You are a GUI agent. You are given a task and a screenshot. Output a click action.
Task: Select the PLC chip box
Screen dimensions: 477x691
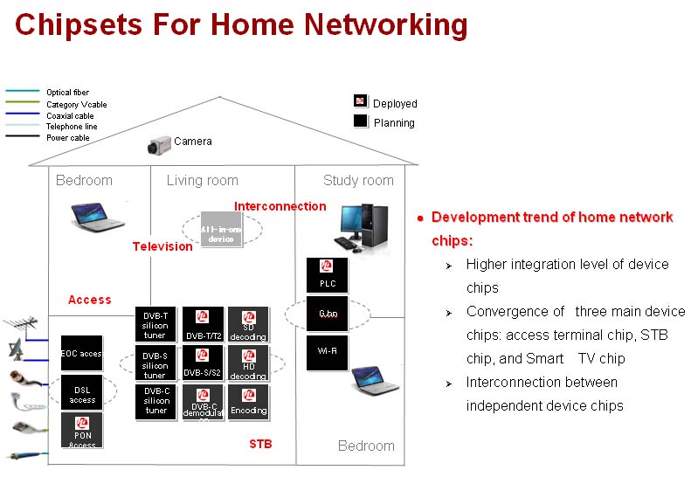(x=327, y=274)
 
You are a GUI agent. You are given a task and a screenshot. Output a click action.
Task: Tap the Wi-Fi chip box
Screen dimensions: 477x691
(x=327, y=352)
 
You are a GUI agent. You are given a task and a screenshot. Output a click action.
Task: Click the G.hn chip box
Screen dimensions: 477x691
(x=327, y=314)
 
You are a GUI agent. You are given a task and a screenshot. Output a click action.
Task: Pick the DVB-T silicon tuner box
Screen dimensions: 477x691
(x=156, y=324)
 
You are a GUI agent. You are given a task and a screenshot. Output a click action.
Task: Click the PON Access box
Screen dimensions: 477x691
(x=82, y=432)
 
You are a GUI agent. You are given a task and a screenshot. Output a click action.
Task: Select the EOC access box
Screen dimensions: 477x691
(x=81, y=353)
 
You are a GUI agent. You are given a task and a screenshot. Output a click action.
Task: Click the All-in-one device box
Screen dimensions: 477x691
(x=220, y=229)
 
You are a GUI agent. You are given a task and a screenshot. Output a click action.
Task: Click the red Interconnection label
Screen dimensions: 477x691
(x=280, y=206)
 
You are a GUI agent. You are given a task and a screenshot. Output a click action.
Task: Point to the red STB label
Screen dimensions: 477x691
(x=260, y=444)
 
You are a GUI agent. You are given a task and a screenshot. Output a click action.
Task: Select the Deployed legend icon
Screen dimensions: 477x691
(x=360, y=102)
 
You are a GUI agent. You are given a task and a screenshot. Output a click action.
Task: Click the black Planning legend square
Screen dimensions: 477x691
(x=360, y=121)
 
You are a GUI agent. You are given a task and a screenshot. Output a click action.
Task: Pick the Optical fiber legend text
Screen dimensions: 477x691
(x=67, y=93)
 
